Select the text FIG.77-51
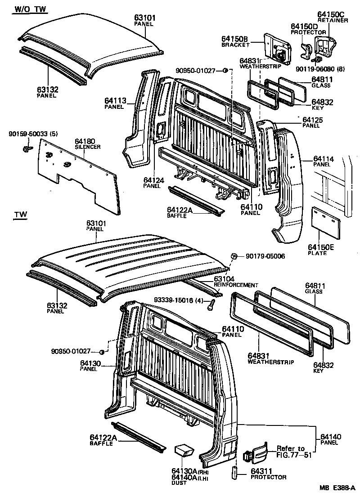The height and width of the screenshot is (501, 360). point(295,455)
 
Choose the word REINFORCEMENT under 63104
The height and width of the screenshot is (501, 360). point(236,285)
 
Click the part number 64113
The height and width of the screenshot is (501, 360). point(115,101)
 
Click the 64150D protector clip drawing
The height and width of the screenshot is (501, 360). point(307,49)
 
